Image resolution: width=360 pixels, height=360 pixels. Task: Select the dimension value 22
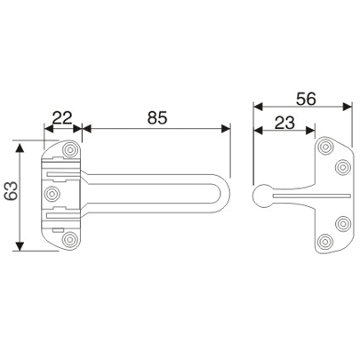coord(62,116)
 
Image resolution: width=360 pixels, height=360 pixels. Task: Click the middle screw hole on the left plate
coord(52,193)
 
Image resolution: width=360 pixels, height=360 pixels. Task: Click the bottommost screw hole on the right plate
coord(325,240)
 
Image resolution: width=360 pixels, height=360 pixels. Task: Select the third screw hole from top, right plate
coord(341,223)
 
